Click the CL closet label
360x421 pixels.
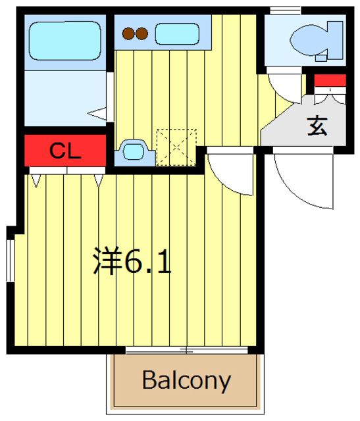click(x=65, y=152)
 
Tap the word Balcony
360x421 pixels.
click(x=186, y=380)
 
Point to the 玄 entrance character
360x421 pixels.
click(x=317, y=125)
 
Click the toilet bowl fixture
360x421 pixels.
click(x=314, y=39)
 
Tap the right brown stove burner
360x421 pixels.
click(x=142, y=33)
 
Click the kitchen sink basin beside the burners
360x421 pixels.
click(x=176, y=33)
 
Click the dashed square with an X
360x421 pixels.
click(x=176, y=147)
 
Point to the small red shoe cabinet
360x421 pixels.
click(x=330, y=81)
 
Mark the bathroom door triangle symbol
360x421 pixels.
click(x=99, y=113)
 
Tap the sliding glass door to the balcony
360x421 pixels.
click(x=186, y=350)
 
